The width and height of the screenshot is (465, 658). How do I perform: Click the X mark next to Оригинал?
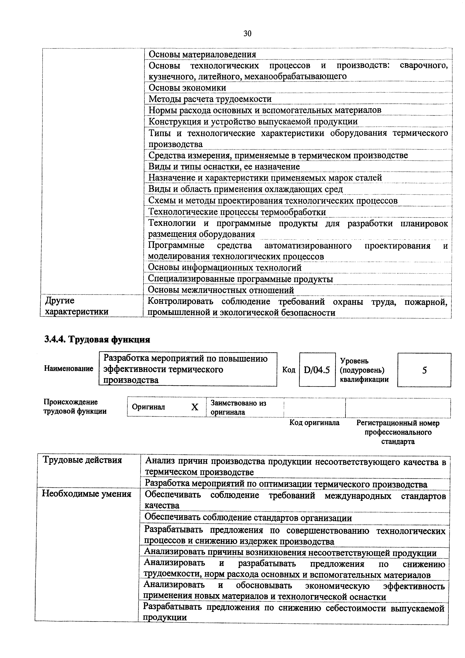pyautogui.click(x=195, y=407)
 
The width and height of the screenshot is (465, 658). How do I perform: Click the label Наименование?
pyautogui.click(x=69, y=369)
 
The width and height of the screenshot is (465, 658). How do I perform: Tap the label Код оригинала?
pyautogui.click(x=314, y=423)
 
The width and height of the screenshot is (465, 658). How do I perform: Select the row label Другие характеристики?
pyautogui.click(x=77, y=306)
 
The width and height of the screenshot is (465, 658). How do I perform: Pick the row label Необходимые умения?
pyautogui.click(x=86, y=494)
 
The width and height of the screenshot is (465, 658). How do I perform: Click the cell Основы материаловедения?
pyautogui.click(x=202, y=54)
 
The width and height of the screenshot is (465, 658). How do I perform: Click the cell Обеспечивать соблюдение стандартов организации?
pyautogui.click(x=248, y=518)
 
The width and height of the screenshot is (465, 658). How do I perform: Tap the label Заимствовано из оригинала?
pyautogui.click(x=238, y=408)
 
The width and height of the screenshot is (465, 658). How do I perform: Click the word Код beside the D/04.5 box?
pyautogui.click(x=289, y=370)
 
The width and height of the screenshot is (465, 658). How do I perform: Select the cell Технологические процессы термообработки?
pyautogui.click(x=237, y=212)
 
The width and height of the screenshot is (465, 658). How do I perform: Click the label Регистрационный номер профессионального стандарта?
pyautogui.click(x=398, y=432)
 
